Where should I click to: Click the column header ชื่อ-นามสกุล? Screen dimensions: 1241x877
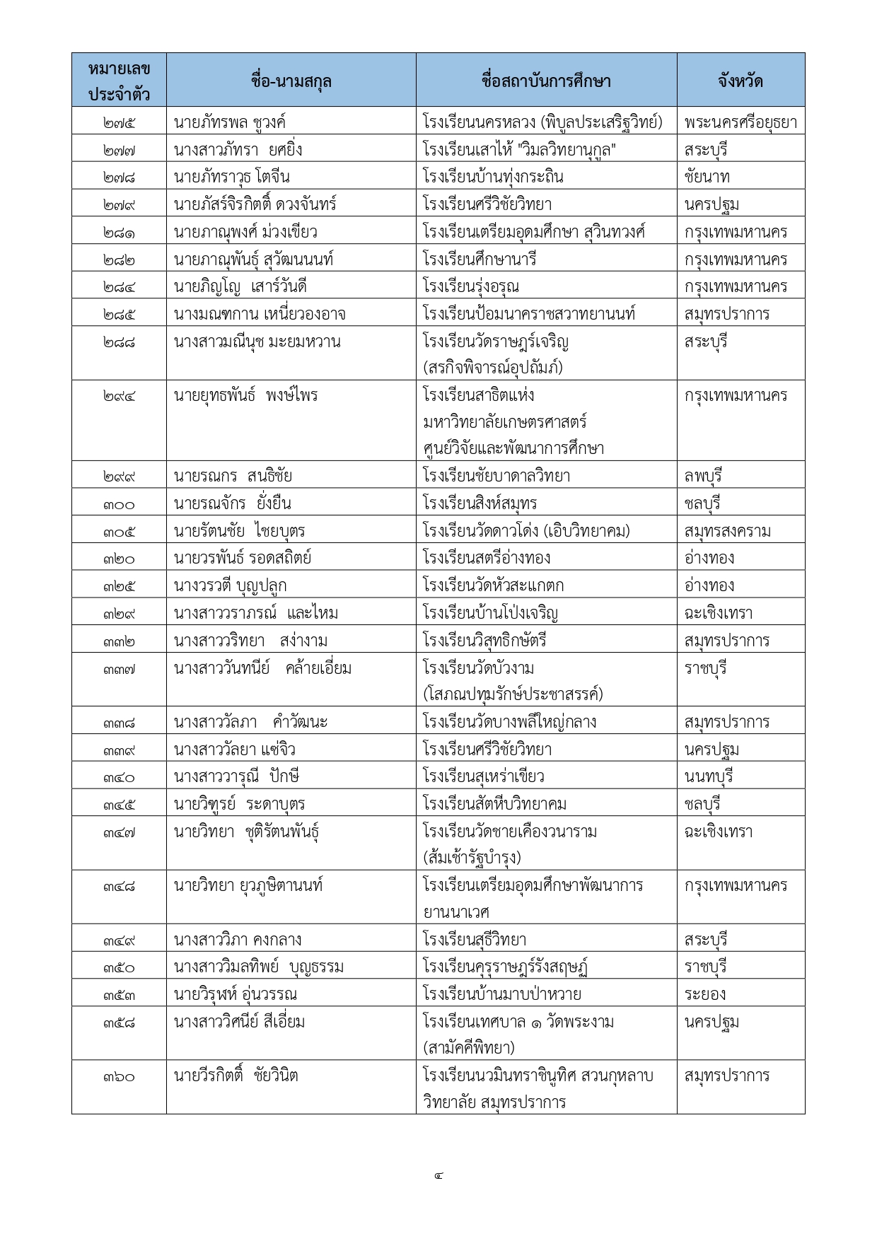coord(291,81)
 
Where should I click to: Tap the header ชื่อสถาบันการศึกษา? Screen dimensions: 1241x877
coord(545,81)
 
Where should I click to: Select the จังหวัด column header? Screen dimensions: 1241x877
coord(740,81)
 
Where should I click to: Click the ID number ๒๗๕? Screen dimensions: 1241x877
coord(119,122)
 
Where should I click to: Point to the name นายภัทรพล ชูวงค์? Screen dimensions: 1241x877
coord(229,122)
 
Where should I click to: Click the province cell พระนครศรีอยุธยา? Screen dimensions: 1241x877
coord(740,122)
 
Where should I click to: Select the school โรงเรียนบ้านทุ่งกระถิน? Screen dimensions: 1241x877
coord(493,177)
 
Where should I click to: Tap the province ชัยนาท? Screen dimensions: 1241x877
coord(707,177)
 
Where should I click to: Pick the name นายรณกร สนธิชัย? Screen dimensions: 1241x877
coord(233,476)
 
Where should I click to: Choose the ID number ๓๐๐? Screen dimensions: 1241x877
coord(119,504)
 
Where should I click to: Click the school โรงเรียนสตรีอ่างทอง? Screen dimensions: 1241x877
coord(487,558)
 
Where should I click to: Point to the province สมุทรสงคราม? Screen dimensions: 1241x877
coord(727,531)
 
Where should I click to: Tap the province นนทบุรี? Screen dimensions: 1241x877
coord(709,776)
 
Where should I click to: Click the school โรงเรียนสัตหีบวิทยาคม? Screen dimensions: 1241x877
coord(494,804)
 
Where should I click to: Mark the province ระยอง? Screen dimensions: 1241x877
coord(704,994)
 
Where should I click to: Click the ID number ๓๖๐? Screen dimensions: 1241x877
coord(119,1077)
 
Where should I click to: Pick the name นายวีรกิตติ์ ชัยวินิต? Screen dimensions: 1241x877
coord(236,1076)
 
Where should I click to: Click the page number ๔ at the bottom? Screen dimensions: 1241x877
coord(438,1176)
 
